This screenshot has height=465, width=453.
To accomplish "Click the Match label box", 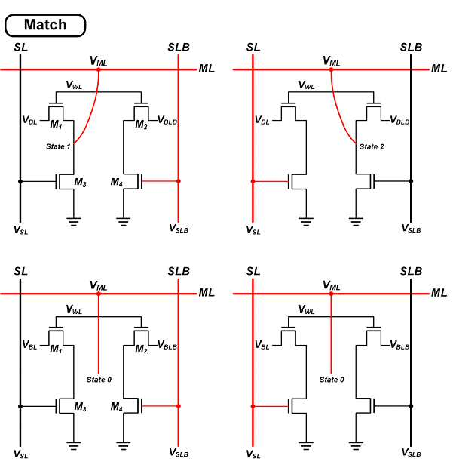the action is [45, 25].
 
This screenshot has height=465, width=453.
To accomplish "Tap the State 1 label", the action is [58, 146].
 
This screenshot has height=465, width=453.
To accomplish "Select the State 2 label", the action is [372, 146].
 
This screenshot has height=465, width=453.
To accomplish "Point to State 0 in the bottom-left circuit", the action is [99, 380].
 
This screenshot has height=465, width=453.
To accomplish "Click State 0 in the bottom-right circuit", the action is [332, 380].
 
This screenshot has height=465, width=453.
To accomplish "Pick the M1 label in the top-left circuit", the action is [57, 125].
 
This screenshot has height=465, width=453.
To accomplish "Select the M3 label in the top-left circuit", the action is [80, 182].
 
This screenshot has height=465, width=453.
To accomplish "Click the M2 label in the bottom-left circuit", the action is [141, 349].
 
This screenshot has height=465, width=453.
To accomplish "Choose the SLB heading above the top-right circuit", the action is [411, 47].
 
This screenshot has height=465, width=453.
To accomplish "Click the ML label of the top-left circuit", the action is [207, 69].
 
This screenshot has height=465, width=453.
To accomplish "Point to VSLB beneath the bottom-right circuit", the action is [411, 453].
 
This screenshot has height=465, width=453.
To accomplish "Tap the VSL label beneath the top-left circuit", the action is [20, 230].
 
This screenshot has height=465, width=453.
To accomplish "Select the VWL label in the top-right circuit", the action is [306, 85].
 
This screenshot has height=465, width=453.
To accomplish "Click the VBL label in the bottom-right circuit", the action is [262, 345].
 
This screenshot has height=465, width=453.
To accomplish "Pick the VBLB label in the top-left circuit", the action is [167, 120].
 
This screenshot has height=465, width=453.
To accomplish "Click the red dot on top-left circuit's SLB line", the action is [178, 181].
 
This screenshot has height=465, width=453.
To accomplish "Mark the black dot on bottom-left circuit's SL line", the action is [20, 406].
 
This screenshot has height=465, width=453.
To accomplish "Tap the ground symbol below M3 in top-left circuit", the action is [73, 221].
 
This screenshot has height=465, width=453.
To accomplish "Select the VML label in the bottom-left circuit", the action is [99, 285].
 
